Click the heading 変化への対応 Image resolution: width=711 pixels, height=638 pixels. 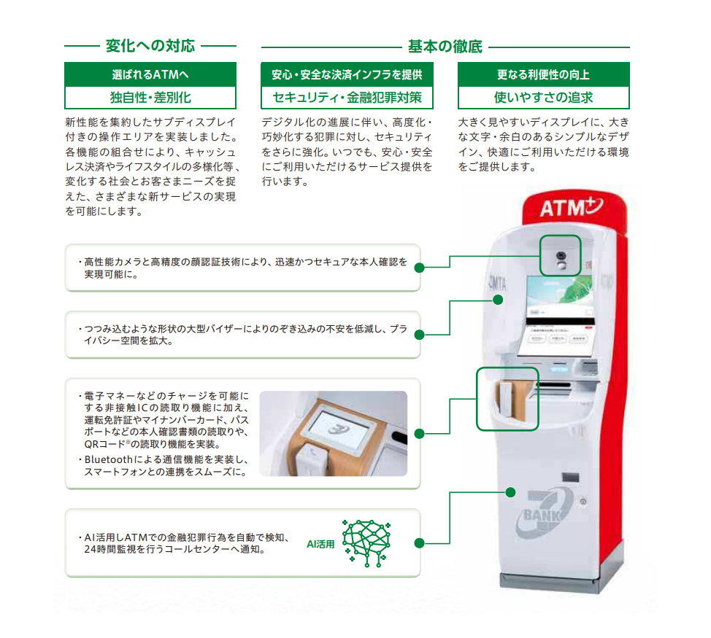click(150, 46)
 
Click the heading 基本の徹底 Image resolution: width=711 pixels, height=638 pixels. click(445, 47)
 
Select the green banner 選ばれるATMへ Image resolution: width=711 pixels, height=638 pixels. click(150, 74)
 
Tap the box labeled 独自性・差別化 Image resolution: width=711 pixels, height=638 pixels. click(150, 97)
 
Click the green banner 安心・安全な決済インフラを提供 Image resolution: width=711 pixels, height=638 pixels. click(347, 74)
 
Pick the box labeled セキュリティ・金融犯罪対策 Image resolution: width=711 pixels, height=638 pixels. click(347, 97)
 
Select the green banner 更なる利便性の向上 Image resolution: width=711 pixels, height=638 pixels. click(543, 74)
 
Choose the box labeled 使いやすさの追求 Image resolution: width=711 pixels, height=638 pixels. click(543, 97)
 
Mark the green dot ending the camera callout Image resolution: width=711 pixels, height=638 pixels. click(419, 268)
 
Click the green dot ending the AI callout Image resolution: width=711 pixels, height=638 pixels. click(419, 543)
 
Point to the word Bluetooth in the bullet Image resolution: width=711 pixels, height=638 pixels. click(109, 460)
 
